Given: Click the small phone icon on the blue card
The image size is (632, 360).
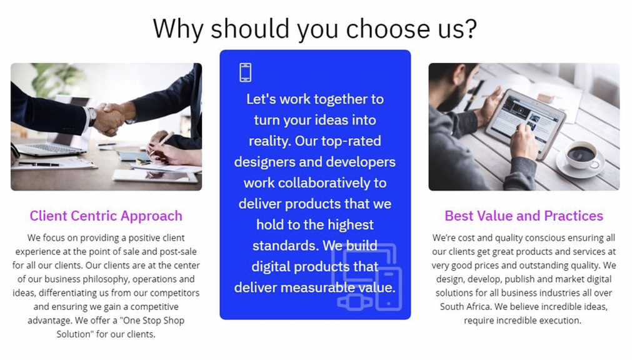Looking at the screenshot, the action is [x=246, y=72].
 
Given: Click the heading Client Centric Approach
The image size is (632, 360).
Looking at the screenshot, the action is [x=106, y=216].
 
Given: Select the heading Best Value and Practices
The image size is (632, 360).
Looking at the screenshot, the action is [x=524, y=216].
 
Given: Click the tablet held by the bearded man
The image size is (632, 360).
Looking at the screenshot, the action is [x=524, y=121].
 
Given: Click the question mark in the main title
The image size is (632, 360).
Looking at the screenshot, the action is [x=469, y=29].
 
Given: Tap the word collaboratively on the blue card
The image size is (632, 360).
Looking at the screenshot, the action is [x=324, y=183].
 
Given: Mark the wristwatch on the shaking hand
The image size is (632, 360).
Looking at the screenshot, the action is [x=93, y=116].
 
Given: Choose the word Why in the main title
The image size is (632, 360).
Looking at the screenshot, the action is [x=178, y=29].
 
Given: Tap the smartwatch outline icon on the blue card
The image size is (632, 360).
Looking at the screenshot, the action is [x=355, y=302].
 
